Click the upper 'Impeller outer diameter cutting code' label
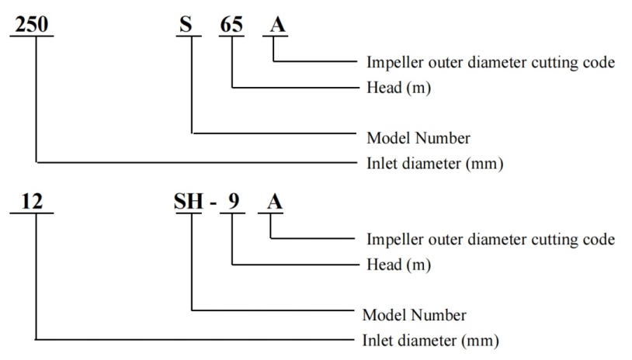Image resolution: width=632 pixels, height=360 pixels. click(491, 63)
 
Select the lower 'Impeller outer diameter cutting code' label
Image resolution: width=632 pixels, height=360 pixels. click(491, 239)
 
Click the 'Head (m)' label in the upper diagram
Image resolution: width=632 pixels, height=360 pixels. click(398, 88)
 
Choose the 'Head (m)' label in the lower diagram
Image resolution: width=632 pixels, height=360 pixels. click(398, 265)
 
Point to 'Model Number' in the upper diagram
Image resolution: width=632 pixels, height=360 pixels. click(418, 138)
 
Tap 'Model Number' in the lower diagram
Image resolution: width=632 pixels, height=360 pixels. click(415, 315)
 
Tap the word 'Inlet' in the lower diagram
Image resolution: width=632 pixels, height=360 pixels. click(378, 340)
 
